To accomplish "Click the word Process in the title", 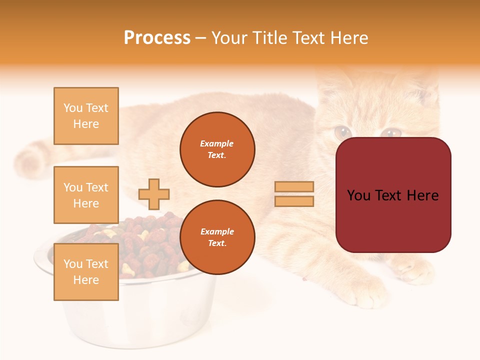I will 157,37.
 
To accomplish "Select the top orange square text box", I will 86,116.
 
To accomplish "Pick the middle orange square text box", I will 86,195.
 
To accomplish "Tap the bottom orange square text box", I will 86,271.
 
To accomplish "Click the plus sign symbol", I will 154,194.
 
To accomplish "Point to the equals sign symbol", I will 294,194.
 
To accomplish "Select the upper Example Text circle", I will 217,149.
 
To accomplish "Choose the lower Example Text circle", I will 217,237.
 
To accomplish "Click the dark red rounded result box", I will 393,195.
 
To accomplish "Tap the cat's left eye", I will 343,132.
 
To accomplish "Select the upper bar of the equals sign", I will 294,187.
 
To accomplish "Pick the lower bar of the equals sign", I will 294,201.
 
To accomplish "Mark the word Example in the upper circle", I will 217,143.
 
